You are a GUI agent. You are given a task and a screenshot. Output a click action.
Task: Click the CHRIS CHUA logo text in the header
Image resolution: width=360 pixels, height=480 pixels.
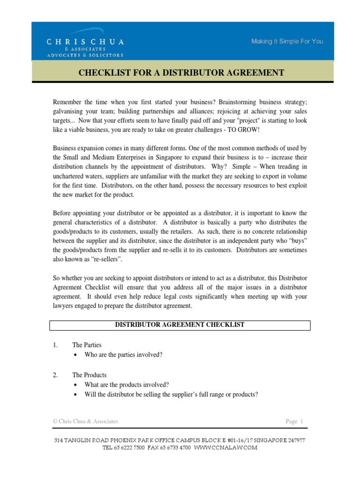[85, 42]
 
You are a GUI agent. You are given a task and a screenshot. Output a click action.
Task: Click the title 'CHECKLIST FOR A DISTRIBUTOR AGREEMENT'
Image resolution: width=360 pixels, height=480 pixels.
[180, 73]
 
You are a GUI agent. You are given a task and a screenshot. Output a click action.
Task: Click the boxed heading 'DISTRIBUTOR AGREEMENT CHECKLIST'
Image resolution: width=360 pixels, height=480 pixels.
[180, 325]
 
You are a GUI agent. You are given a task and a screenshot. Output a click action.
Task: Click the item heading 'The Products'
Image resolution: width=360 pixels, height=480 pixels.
[89, 375]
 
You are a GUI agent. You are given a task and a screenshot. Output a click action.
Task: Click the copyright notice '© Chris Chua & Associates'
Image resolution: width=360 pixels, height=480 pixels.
[85, 421]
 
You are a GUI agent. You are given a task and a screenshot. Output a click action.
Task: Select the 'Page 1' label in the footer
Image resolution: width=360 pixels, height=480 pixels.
[295, 421]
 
